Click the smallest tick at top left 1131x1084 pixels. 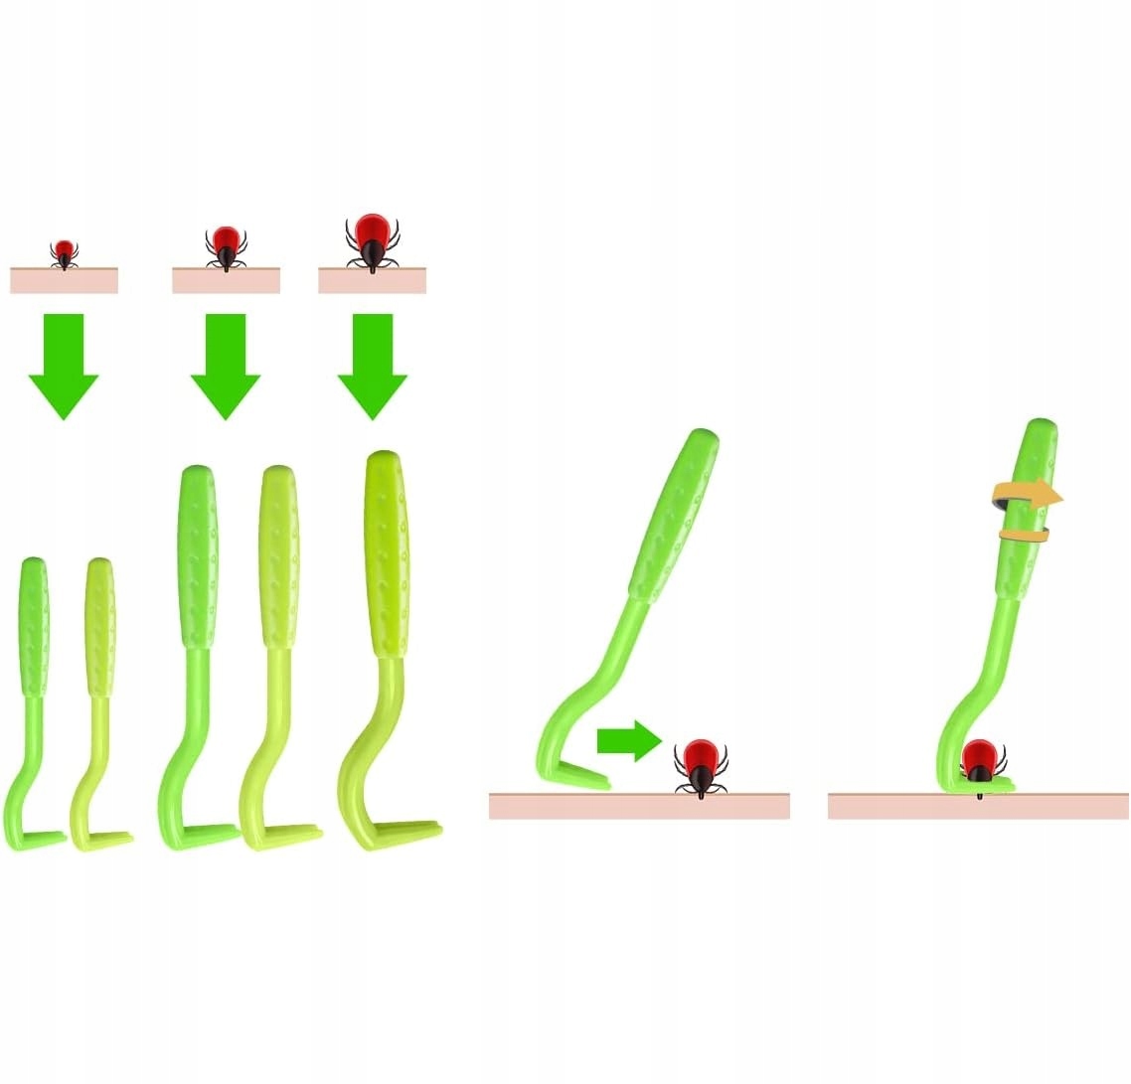(65, 252)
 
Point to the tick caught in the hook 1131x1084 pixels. (981, 760)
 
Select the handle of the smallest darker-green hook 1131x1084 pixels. (34, 626)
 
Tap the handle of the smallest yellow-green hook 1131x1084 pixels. (99, 626)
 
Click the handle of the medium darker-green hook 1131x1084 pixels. (197, 556)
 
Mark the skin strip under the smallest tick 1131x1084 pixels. (65, 280)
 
